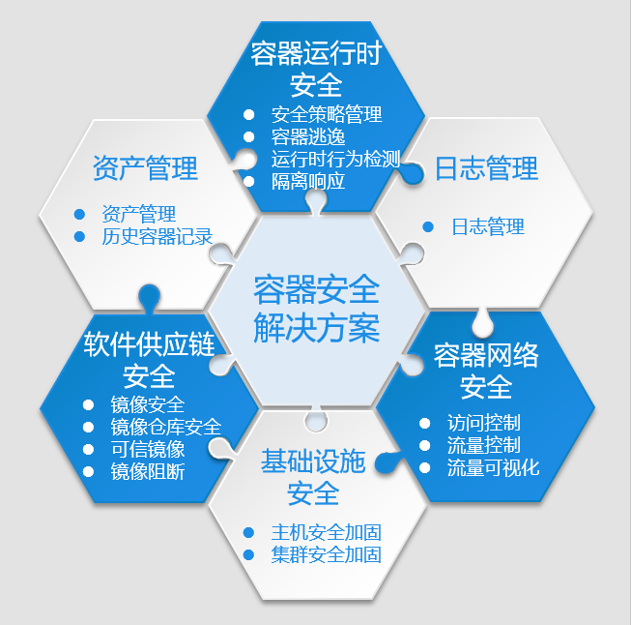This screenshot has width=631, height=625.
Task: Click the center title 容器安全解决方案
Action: [x=316, y=309]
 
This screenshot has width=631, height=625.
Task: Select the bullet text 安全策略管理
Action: [x=327, y=114]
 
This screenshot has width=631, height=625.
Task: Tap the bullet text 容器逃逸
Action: [x=308, y=136]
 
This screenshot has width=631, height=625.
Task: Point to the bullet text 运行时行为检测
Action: [x=335, y=159]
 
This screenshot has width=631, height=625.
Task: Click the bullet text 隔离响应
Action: [x=308, y=181]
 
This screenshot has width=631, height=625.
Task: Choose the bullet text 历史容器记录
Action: [x=157, y=236]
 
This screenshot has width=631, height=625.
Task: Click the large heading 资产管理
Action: [x=145, y=167]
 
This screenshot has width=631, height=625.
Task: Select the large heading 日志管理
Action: [x=486, y=168]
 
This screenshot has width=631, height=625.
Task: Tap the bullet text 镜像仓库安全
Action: [x=166, y=427]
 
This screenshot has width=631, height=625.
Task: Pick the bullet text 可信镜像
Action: [x=148, y=449]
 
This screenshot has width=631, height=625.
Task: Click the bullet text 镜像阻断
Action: [x=148, y=471]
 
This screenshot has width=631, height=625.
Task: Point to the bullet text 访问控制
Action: [x=484, y=423]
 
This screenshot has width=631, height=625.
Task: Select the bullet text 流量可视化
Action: [x=493, y=467]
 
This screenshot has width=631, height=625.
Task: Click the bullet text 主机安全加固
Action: [x=327, y=532]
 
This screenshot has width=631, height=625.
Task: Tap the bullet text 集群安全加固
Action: [x=327, y=554]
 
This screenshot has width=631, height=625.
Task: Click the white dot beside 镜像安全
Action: [x=88, y=404]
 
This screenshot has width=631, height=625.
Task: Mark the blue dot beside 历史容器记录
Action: [x=79, y=236]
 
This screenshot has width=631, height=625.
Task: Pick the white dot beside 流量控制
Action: [x=424, y=445]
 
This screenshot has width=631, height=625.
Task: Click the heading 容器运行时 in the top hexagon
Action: [x=316, y=53]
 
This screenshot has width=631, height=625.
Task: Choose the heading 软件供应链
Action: [x=150, y=344]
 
